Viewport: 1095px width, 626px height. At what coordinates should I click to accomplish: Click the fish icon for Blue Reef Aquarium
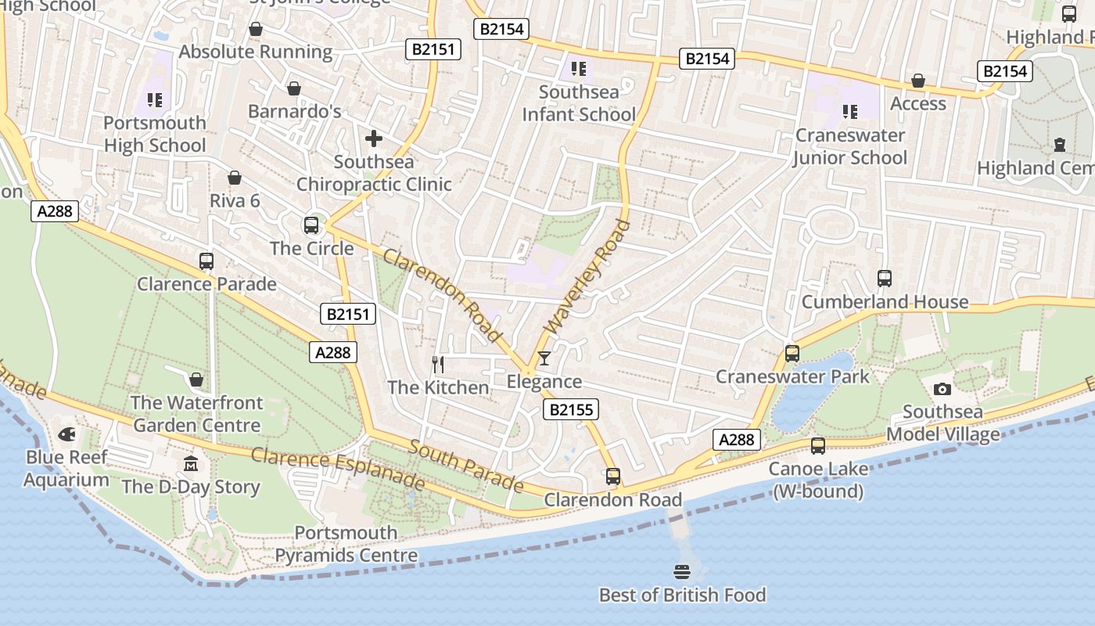(x=67, y=434)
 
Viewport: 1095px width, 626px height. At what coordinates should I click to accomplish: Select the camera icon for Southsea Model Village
(x=942, y=389)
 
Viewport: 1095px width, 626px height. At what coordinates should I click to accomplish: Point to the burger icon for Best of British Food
(x=682, y=571)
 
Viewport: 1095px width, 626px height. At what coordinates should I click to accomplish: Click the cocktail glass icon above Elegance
(x=544, y=358)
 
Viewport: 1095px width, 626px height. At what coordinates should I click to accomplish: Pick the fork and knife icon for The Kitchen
(x=438, y=364)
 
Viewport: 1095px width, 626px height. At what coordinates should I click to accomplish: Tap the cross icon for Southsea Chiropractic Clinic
(x=374, y=139)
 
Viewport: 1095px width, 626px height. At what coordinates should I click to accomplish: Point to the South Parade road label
(x=465, y=466)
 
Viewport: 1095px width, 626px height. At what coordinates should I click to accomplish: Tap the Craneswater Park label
(x=792, y=376)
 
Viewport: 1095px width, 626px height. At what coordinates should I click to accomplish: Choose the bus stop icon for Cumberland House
(x=885, y=279)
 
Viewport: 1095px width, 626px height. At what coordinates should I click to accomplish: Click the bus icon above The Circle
(x=311, y=225)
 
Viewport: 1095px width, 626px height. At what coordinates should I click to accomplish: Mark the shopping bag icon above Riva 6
(x=235, y=178)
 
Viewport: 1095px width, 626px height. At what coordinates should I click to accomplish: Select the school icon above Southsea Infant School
(x=579, y=69)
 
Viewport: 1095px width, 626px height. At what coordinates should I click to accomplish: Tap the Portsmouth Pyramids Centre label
(x=346, y=545)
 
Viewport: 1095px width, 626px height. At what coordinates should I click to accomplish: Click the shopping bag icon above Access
(x=918, y=81)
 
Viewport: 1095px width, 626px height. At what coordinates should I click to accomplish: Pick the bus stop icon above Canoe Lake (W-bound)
(x=818, y=446)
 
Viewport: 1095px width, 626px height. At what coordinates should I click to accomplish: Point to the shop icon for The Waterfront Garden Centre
(x=196, y=380)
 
